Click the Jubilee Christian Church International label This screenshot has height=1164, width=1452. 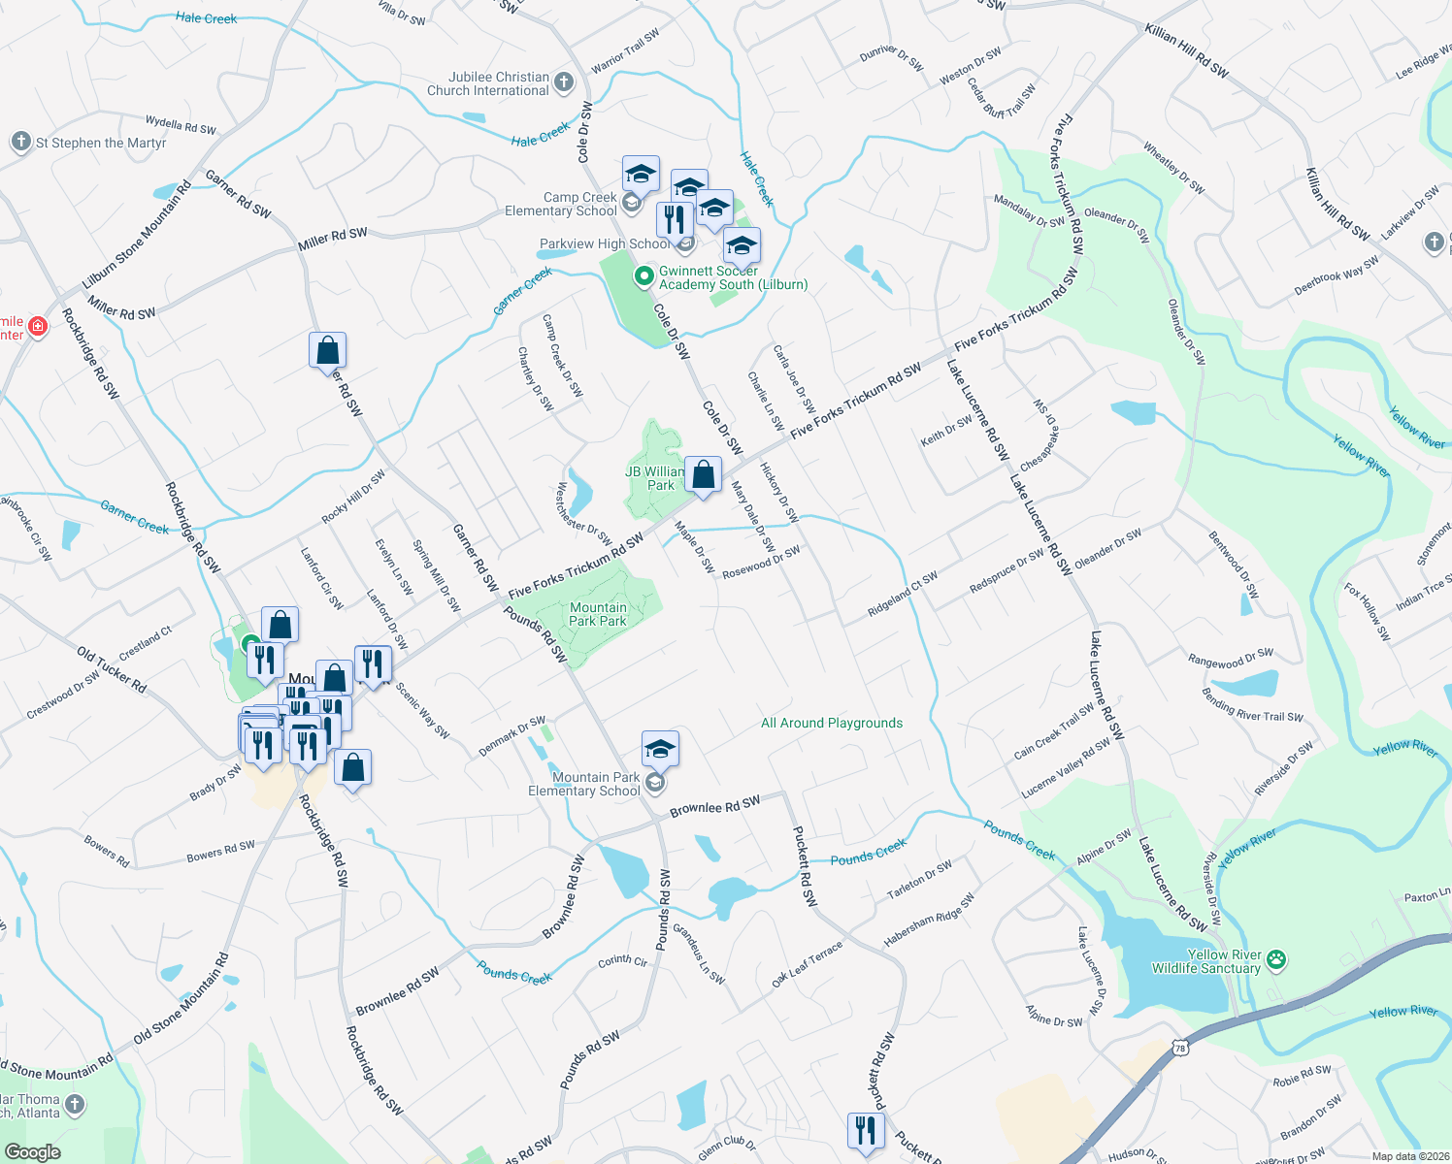pyautogui.click(x=488, y=84)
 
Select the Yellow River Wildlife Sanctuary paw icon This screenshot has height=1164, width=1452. pyautogui.click(x=1276, y=960)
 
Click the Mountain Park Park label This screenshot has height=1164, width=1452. pyautogui.click(x=598, y=614)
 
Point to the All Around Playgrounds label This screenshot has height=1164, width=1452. pyautogui.click(x=832, y=723)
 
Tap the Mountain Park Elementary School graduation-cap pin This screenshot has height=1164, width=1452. pyautogui.click(x=660, y=750)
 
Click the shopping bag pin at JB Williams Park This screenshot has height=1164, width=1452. pyautogui.click(x=704, y=475)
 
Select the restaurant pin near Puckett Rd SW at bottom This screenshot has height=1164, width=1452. pyautogui.click(x=865, y=1130)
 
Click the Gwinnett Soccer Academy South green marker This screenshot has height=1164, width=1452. pyautogui.click(x=643, y=277)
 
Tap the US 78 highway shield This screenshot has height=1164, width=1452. pyautogui.click(x=1179, y=1048)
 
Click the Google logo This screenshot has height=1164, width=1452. pyautogui.click(x=32, y=1151)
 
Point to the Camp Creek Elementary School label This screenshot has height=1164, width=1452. pyautogui.click(x=561, y=204)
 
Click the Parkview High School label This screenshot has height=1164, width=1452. pyautogui.click(x=605, y=243)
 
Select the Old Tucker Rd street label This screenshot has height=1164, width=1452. pyautogui.click(x=112, y=670)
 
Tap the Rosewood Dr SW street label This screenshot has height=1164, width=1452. pyautogui.click(x=761, y=563)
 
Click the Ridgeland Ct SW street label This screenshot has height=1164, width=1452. pyautogui.click(x=903, y=595)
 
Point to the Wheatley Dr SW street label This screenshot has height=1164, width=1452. pyautogui.click(x=1173, y=168)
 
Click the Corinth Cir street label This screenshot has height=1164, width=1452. pyautogui.click(x=622, y=960)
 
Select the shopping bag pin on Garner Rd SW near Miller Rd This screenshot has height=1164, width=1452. pyautogui.click(x=328, y=350)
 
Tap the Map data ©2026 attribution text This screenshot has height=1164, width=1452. pyautogui.click(x=1410, y=1155)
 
